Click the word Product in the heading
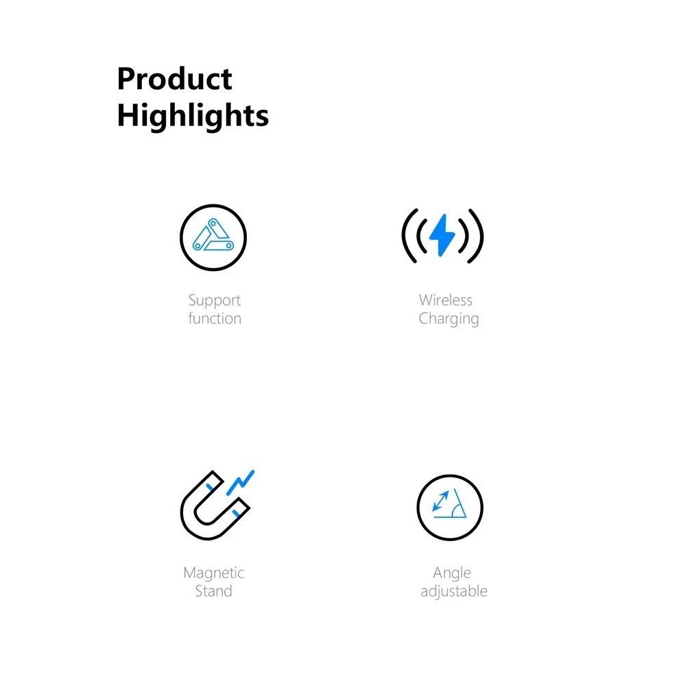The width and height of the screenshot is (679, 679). click(174, 79)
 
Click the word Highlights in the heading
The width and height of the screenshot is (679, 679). click(193, 116)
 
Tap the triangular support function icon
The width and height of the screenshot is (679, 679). click(213, 237)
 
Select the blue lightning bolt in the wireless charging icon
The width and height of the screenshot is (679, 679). click(442, 235)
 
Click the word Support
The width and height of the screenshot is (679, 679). click(215, 300)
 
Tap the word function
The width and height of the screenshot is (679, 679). click(215, 318)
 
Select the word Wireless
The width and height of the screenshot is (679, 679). click(445, 300)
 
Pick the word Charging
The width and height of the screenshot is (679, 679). click(449, 319)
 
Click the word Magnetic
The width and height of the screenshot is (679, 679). click(213, 573)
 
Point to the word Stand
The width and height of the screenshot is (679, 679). click(213, 591)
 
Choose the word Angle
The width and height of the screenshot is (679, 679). click(452, 573)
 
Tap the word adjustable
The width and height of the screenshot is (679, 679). click(454, 591)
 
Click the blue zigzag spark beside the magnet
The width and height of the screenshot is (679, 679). click(240, 482)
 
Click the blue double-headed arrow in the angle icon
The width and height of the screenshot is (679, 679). click(441, 501)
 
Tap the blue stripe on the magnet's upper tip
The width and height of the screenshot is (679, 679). click(210, 488)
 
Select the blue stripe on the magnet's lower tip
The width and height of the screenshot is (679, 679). click(236, 514)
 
